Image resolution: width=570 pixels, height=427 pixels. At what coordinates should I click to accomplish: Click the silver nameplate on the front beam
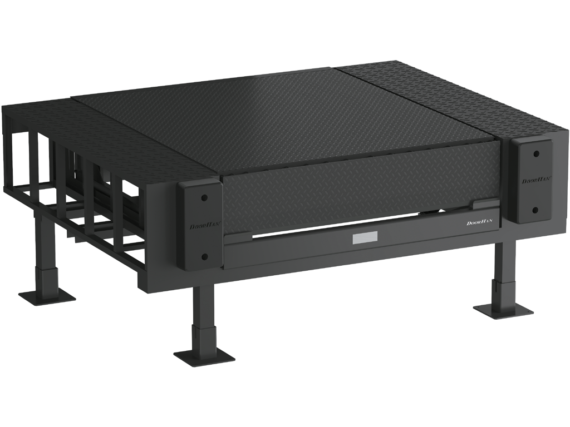[x=365, y=238]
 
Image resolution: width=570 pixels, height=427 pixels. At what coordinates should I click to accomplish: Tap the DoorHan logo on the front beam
[x=479, y=222]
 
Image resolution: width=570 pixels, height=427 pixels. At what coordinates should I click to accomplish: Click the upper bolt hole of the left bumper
[x=204, y=198]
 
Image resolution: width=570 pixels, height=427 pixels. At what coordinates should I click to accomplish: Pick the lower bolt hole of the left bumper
[x=204, y=257]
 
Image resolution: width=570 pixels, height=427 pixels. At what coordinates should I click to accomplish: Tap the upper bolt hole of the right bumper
[x=535, y=154]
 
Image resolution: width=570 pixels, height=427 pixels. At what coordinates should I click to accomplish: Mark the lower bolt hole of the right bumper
[x=535, y=210]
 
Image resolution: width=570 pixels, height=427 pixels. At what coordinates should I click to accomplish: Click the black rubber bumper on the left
[x=200, y=227]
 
